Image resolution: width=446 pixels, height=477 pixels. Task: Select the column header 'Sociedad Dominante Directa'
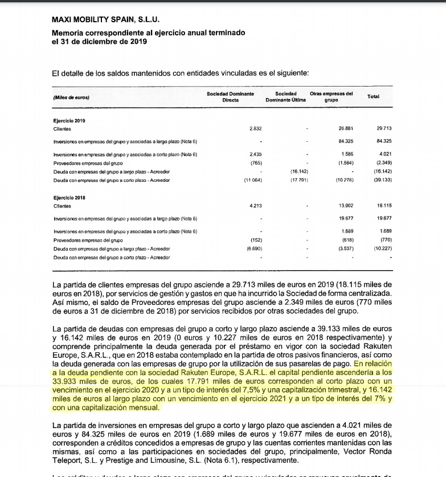tap(230, 96)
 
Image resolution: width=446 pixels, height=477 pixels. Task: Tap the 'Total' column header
tap(373, 96)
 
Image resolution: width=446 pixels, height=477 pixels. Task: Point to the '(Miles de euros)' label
tap(71, 97)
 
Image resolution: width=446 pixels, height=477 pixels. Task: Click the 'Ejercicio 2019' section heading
tap(69, 121)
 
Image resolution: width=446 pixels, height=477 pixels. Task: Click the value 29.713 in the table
tap(384, 129)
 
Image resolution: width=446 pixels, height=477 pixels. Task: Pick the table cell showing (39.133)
tap(383, 180)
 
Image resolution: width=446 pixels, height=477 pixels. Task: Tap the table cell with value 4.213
tap(255, 205)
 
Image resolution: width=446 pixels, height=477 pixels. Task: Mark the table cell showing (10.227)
tap(383, 248)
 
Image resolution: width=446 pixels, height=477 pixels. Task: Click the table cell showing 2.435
tap(255, 154)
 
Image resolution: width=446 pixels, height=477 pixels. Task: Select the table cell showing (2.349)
tap(383, 163)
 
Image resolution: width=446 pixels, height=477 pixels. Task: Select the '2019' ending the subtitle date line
tap(138, 41)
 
